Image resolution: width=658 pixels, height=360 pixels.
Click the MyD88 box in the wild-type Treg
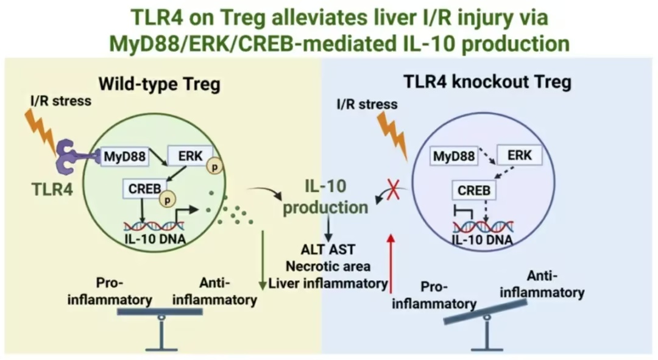pos(124,157)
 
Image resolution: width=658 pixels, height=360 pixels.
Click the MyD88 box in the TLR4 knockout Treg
pos(454,157)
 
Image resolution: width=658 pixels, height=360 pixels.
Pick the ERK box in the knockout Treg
pos(518,155)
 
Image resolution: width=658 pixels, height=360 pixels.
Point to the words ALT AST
pos(328,249)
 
